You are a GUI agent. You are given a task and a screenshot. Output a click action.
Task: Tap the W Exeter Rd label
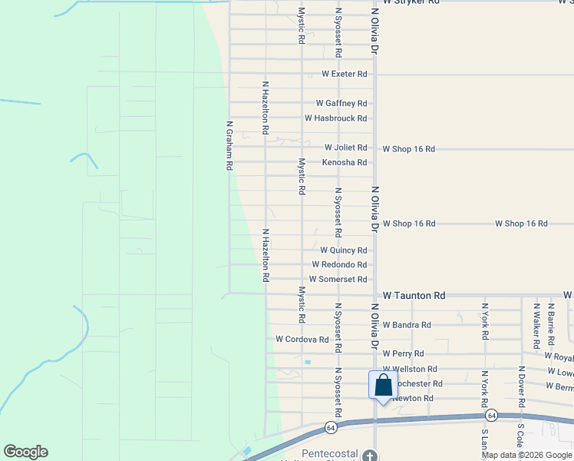tap(345, 74)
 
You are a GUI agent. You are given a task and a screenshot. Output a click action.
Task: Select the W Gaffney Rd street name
tap(341, 103)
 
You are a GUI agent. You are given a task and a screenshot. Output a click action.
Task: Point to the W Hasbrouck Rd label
tap(335, 118)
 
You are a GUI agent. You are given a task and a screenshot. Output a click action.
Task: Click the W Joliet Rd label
tap(345, 148)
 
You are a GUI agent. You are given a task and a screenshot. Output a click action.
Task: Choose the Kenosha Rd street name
tap(345, 162)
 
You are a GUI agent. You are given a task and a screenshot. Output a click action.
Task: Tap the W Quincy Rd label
tap(344, 250)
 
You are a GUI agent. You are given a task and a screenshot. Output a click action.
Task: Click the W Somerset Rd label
tap(338, 280)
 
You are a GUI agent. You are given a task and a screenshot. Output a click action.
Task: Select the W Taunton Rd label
tap(414, 295)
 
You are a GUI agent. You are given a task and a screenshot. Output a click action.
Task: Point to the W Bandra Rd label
tap(411, 325)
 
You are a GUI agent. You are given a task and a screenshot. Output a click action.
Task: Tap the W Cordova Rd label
tap(302, 339)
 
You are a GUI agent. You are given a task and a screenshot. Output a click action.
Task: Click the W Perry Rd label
tap(403, 353)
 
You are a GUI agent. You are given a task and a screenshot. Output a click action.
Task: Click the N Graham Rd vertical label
tap(229, 145)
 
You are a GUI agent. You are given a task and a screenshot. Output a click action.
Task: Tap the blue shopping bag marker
tap(382, 386)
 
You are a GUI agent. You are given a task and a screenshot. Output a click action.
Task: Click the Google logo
tap(25, 452)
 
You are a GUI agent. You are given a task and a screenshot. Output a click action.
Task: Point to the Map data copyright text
tap(526, 455)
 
